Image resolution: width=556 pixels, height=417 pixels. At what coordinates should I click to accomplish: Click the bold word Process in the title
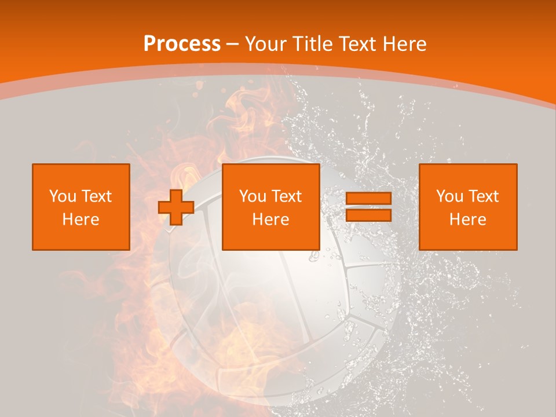[x=182, y=44]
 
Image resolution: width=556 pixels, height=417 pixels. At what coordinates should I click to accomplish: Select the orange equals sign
[x=368, y=207]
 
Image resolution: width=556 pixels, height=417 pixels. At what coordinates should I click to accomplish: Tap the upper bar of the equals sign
[x=368, y=199]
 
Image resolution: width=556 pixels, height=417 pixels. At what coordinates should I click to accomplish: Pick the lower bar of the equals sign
[x=368, y=215]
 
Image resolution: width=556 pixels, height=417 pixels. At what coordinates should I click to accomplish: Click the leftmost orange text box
[x=81, y=207]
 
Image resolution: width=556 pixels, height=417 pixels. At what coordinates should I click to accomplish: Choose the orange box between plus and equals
[x=271, y=207]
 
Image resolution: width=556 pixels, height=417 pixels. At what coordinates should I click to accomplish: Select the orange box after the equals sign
[x=468, y=207]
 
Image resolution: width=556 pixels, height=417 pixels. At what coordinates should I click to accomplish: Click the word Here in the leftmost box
[x=81, y=220]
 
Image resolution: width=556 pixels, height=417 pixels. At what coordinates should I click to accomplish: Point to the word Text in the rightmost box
[x=484, y=196]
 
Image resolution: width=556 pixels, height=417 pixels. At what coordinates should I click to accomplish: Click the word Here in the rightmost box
[x=468, y=220]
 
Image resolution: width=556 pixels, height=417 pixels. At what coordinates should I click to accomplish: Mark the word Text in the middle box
[x=287, y=196]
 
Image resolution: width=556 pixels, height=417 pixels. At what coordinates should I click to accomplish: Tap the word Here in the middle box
[x=271, y=220]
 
